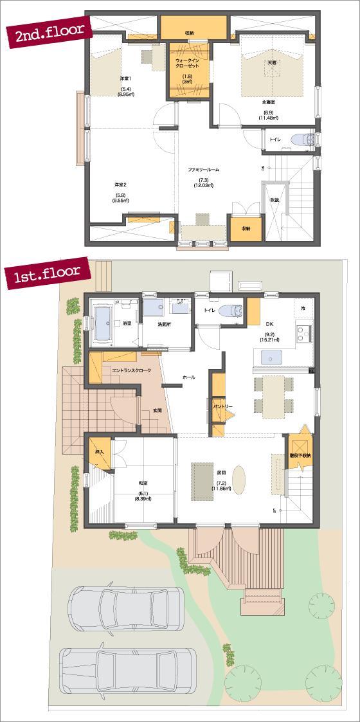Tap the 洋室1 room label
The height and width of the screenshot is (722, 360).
point(125,78)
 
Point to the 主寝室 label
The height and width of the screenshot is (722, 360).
point(268,102)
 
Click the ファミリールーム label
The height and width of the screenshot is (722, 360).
point(204,169)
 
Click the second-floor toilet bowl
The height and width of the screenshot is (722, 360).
point(299,140)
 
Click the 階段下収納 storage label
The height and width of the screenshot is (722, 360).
point(300,455)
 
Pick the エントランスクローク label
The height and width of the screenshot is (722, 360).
point(130,371)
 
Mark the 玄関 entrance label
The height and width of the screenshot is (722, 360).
point(157,410)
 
